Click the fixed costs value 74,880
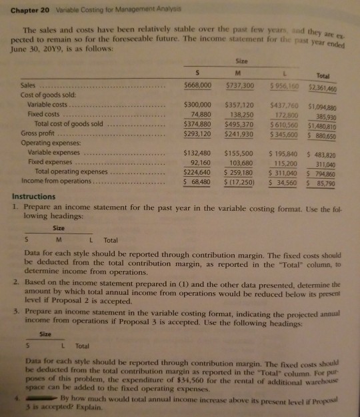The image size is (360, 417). [x=200, y=114]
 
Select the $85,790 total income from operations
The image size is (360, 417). [x=333, y=182]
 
